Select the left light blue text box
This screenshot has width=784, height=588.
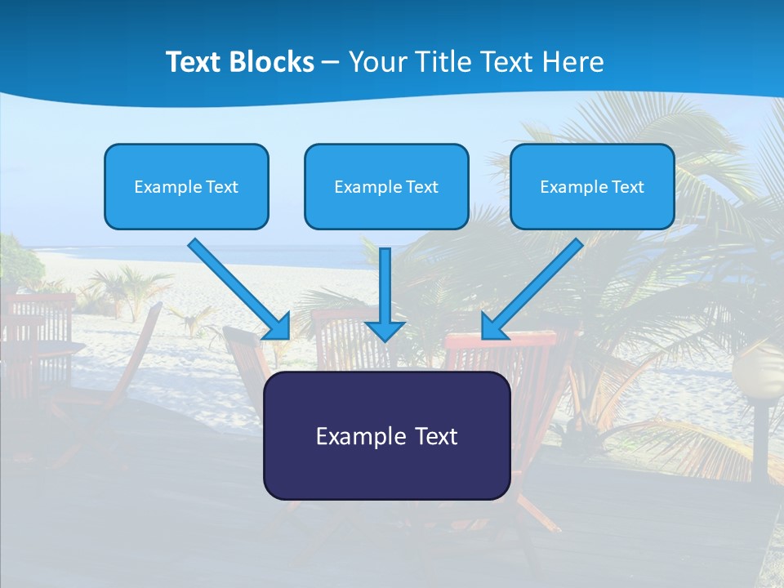[186, 186]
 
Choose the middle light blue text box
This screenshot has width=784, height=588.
[386, 186]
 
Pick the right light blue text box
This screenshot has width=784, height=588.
[592, 186]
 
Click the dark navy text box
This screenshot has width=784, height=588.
[386, 435]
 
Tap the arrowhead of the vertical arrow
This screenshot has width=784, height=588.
[385, 330]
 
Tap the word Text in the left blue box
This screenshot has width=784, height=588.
[222, 186]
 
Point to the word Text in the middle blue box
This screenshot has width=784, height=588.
[422, 186]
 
